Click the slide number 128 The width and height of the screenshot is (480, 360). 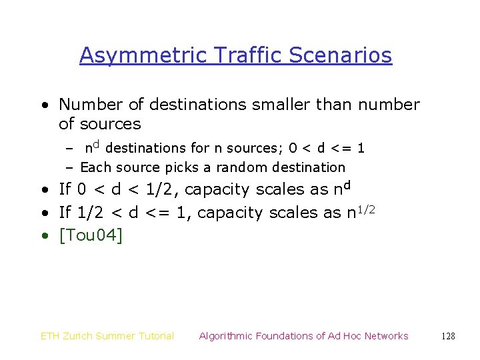(449, 336)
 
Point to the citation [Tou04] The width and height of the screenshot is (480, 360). (91, 235)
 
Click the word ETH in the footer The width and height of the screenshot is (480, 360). (51, 336)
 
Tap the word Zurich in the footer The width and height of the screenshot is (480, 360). (80, 336)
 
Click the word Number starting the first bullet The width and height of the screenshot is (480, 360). (87, 105)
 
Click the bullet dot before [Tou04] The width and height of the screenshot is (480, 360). (43, 236)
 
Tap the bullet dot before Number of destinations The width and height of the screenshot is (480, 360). (43, 105)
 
